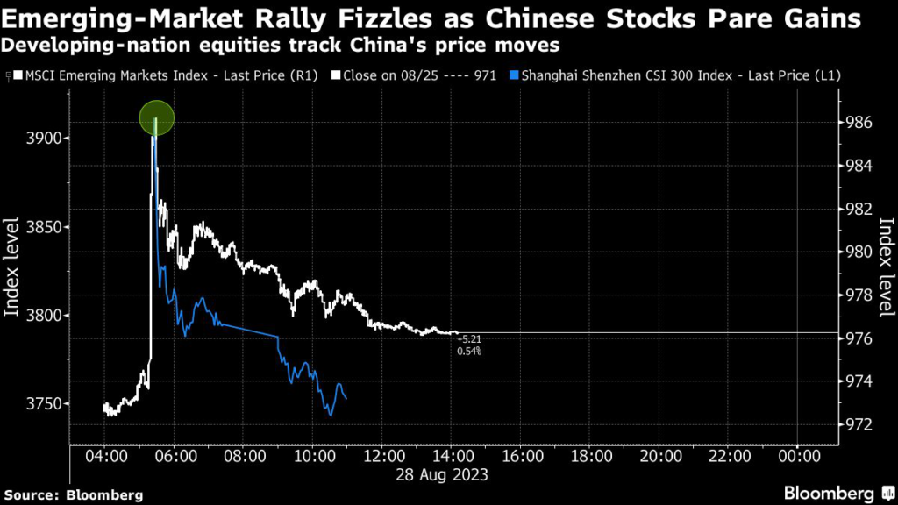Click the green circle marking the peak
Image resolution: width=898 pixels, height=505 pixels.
point(156,117)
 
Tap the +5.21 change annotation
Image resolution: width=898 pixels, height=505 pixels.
point(469,338)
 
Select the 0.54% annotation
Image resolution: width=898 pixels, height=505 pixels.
point(469,351)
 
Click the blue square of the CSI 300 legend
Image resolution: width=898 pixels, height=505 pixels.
point(515,77)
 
